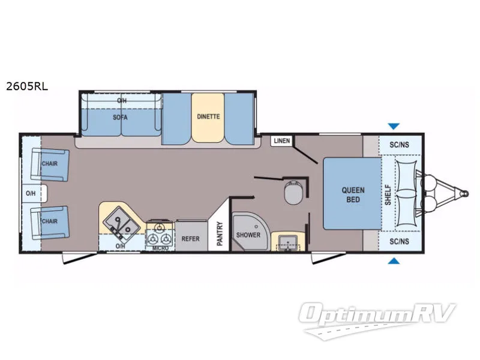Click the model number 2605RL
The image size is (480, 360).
click(27, 86)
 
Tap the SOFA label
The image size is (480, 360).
click(120, 117)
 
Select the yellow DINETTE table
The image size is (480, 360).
click(208, 117)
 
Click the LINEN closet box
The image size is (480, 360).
click(281, 141)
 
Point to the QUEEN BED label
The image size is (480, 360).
click(353, 194)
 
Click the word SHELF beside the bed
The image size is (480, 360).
click(388, 194)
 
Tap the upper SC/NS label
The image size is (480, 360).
click(399, 145)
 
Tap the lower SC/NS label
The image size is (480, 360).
click(399, 241)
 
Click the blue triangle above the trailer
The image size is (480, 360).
click(394, 126)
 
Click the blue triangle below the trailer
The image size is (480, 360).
click(394, 261)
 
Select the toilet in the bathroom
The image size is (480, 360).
click(294, 192)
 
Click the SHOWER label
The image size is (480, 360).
click(248, 235)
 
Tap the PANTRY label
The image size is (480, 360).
click(220, 233)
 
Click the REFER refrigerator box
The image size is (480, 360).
click(191, 236)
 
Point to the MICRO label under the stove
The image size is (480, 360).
click(160, 248)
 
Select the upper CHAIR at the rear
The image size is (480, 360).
click(50, 164)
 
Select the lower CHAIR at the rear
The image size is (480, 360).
click(50, 222)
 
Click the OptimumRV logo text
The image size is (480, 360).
click(377, 313)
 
